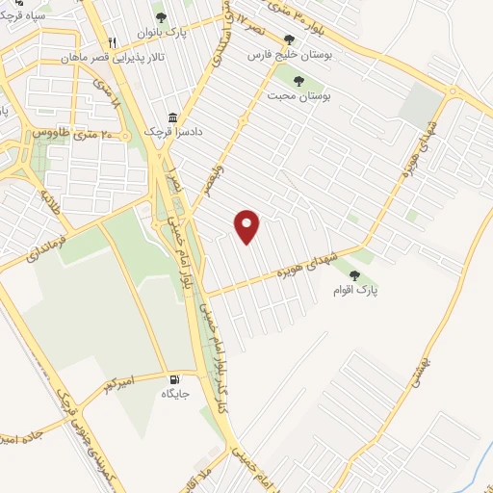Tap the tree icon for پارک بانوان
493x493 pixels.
point(160,16)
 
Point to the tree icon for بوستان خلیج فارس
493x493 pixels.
point(289,40)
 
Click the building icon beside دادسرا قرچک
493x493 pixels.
point(174,113)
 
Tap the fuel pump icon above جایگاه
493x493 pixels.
point(175,377)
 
